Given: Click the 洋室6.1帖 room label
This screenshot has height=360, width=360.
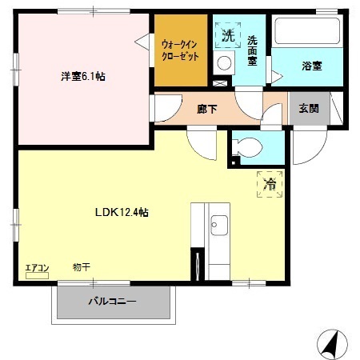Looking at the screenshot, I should (x=83, y=77).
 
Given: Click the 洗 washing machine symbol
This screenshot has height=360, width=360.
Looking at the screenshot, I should (x=227, y=35).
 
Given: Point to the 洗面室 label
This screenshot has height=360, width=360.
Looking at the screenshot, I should (x=252, y=51).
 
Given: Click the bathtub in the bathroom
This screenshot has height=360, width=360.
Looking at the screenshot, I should (x=307, y=33).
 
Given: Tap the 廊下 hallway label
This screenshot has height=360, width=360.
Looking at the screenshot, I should (x=207, y=108).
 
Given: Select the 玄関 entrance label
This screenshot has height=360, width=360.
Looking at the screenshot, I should (x=309, y=108).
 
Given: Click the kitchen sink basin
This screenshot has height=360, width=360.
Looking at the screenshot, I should (x=218, y=227).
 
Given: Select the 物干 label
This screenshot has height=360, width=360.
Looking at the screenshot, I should (x=81, y=266).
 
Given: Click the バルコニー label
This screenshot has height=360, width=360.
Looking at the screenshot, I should (x=111, y=302).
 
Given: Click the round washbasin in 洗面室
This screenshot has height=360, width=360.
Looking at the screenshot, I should (x=225, y=63).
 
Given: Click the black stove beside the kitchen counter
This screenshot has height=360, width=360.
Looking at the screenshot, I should (x=196, y=263).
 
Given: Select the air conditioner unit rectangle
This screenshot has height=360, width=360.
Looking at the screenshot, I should (x=37, y=276).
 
